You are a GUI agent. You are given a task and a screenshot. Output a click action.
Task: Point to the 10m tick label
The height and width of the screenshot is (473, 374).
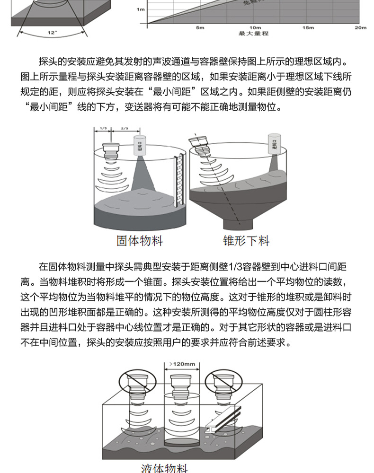[255, 28]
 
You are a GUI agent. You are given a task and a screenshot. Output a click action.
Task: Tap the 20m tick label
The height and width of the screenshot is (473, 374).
[361, 28]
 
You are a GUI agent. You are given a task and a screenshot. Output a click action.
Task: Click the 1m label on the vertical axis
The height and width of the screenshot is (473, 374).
[141, 9]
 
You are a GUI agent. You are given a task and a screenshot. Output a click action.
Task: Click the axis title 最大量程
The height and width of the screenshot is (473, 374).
[254, 34]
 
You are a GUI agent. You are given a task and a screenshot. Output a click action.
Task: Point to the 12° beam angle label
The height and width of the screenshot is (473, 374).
[52, 33]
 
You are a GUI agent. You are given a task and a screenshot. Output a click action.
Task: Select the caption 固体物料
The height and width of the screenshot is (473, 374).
[140, 241]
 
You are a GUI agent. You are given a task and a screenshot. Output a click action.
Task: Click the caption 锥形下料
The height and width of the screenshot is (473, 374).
[246, 241]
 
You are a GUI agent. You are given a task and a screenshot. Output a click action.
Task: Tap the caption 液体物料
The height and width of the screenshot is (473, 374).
[164, 468]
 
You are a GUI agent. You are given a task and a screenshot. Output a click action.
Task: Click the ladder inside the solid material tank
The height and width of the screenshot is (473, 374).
[178, 182]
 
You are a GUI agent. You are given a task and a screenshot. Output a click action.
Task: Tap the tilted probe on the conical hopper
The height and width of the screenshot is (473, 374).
[197, 144]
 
